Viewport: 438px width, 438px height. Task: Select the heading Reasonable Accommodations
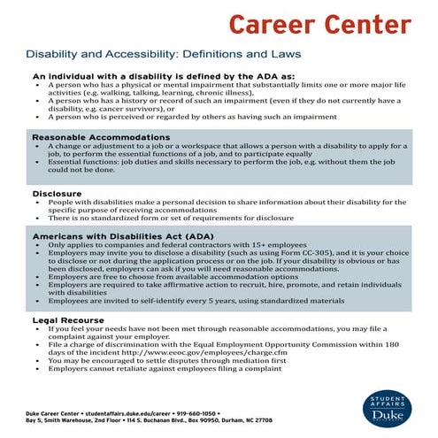[102, 138]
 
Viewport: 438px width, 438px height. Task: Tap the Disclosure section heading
[58, 193]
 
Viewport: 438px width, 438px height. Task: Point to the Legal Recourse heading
[68, 319]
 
